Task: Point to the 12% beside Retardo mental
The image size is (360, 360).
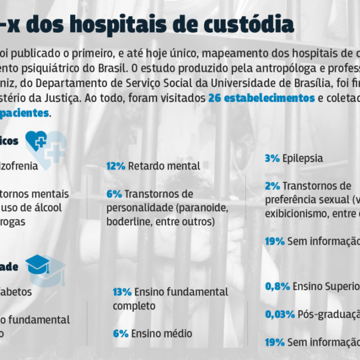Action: (x=115, y=166)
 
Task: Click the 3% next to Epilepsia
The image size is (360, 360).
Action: (x=272, y=159)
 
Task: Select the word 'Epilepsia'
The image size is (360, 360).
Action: (x=303, y=159)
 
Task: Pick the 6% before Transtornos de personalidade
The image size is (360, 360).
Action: (x=114, y=194)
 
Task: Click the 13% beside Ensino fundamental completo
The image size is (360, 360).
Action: (x=122, y=292)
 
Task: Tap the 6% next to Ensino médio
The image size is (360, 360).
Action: (x=120, y=334)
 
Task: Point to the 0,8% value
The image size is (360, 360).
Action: (x=277, y=286)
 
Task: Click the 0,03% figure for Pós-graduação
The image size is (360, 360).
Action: (x=281, y=314)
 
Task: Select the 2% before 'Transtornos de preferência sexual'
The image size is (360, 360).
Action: (x=272, y=186)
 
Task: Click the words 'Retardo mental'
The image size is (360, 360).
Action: (x=164, y=166)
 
